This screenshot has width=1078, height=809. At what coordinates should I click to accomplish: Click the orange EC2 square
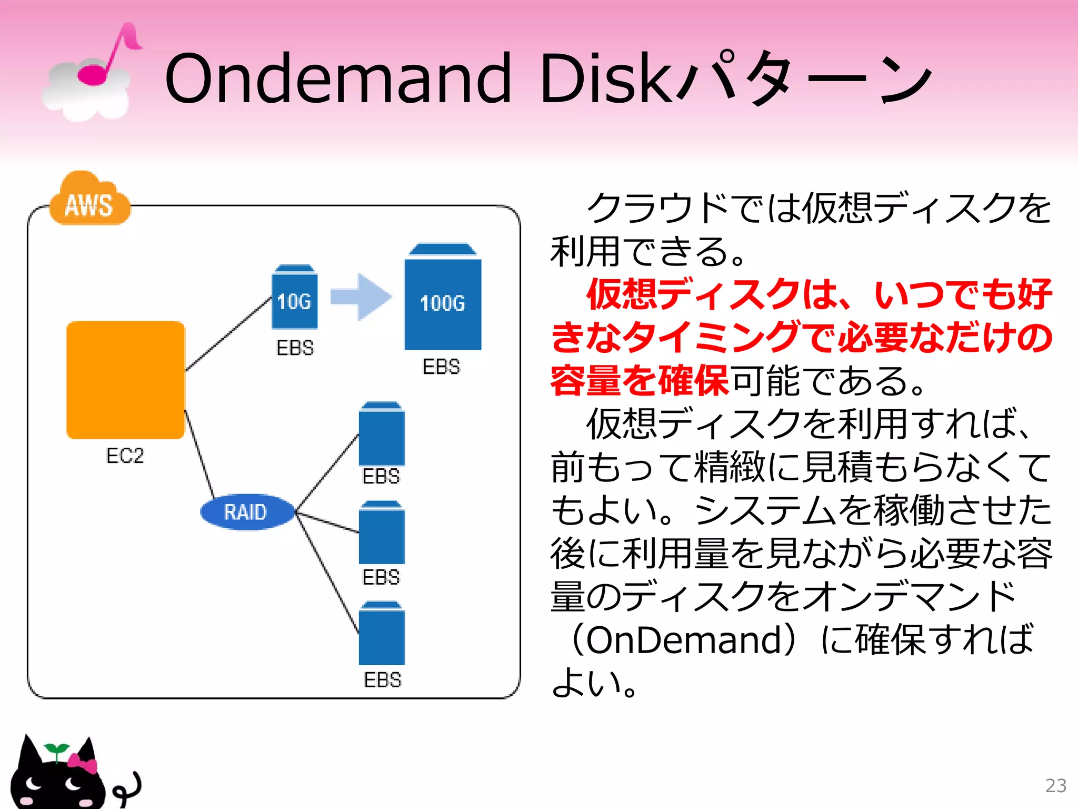point(125,380)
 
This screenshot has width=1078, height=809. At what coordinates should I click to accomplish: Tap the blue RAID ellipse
point(246,512)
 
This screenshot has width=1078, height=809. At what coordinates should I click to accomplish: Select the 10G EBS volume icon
point(294,298)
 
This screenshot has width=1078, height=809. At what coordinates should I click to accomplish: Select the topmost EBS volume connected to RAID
point(382,434)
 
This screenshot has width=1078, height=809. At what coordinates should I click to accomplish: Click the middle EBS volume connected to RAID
point(382,533)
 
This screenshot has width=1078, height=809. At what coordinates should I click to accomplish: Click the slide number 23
point(1055,786)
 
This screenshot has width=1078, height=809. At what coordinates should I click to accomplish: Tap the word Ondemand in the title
point(337,79)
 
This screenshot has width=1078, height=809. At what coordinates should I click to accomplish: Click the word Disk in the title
point(605,79)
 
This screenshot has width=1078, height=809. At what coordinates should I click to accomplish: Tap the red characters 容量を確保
point(639,381)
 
